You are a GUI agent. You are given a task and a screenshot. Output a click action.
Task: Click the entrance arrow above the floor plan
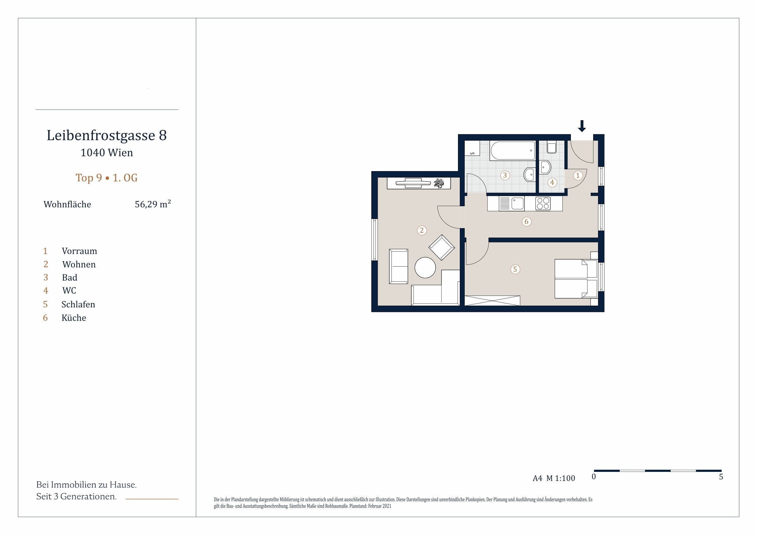(582, 126)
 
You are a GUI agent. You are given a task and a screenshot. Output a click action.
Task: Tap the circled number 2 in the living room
(422, 230)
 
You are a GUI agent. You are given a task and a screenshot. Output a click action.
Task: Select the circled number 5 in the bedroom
(515, 269)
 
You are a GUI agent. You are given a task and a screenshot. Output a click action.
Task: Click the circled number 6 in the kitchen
(527, 221)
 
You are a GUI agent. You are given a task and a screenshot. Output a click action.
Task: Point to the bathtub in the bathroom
(512, 151)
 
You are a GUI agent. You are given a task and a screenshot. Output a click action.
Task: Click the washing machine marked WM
(472, 148)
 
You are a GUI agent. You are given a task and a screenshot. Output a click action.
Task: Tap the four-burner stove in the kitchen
(543, 203)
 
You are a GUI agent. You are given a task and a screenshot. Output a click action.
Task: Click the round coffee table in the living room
(425, 267)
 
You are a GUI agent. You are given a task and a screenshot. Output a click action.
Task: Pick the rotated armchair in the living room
(442, 248)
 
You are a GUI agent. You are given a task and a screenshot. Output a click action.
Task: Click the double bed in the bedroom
(576, 279)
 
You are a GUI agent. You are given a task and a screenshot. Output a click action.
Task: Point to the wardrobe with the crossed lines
(492, 301)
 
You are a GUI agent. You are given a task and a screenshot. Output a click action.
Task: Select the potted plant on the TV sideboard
(439, 183)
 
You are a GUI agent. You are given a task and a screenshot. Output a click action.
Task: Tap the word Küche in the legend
(74, 318)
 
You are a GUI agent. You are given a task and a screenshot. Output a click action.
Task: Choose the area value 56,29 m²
(153, 204)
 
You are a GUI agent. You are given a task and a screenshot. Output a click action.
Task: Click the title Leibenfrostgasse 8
(106, 135)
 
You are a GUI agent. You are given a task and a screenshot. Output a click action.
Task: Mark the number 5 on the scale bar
(721, 477)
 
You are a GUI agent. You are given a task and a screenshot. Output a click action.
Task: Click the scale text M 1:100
(561, 478)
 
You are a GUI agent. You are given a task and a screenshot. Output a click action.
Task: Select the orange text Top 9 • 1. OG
(106, 178)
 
